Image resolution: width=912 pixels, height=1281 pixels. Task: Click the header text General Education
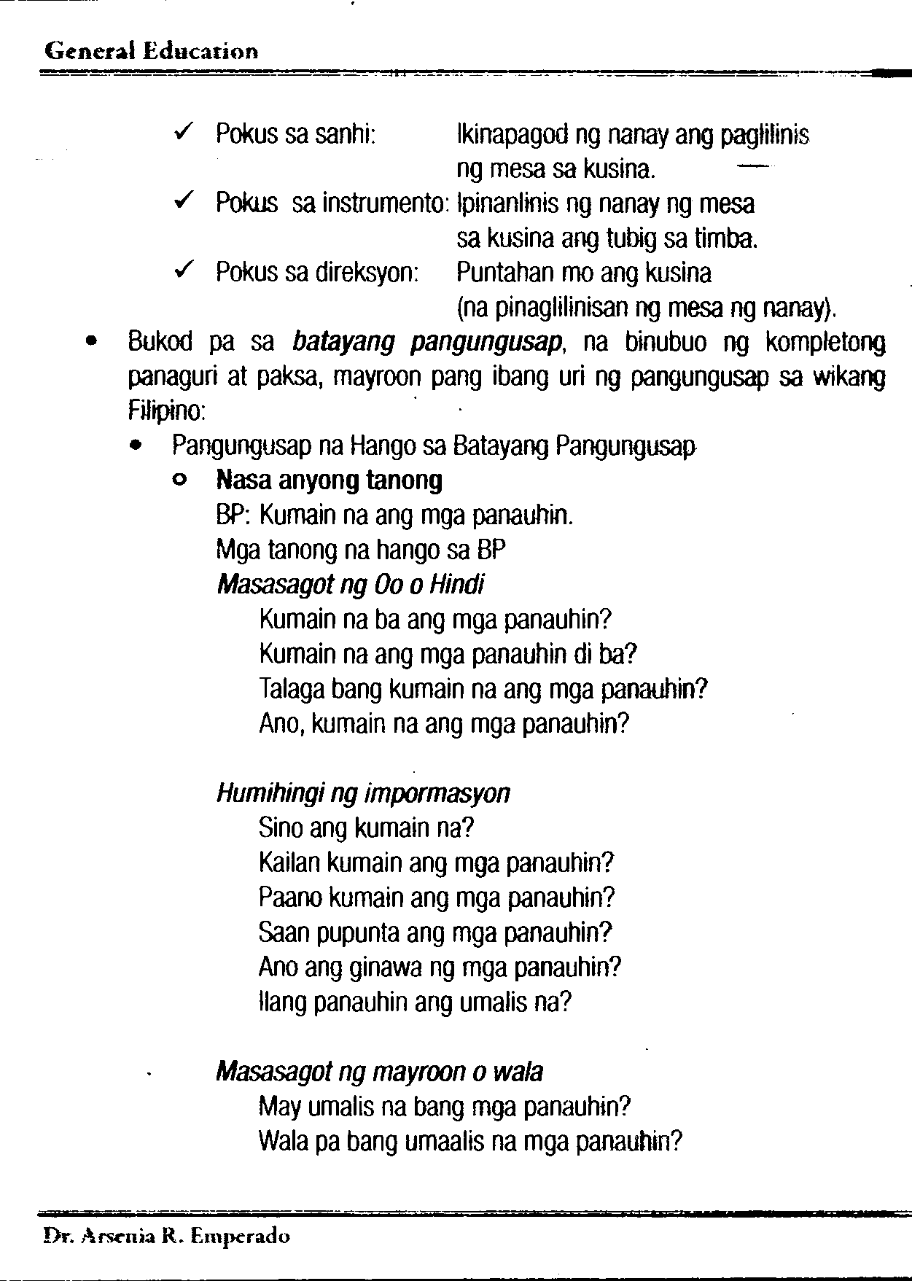pyautogui.click(x=151, y=52)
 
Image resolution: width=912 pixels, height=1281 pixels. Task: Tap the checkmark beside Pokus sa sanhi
pyautogui.click(x=184, y=133)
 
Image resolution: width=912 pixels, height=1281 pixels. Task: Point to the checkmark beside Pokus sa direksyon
pyautogui.click(x=184, y=270)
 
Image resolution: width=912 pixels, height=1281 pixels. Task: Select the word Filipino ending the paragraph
pyautogui.click(x=165, y=412)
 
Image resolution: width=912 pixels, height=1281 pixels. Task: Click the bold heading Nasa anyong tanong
pyautogui.click(x=330, y=480)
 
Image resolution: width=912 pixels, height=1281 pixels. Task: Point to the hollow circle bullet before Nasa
pyautogui.click(x=177, y=480)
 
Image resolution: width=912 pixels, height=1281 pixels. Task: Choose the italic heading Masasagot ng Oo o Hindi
pyautogui.click(x=350, y=585)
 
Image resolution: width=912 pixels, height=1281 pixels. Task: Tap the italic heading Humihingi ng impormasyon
pyautogui.click(x=363, y=793)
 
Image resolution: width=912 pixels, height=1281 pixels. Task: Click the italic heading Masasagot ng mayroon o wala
pyautogui.click(x=379, y=1072)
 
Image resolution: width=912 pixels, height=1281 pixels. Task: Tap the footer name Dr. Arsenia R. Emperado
pyautogui.click(x=166, y=1237)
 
